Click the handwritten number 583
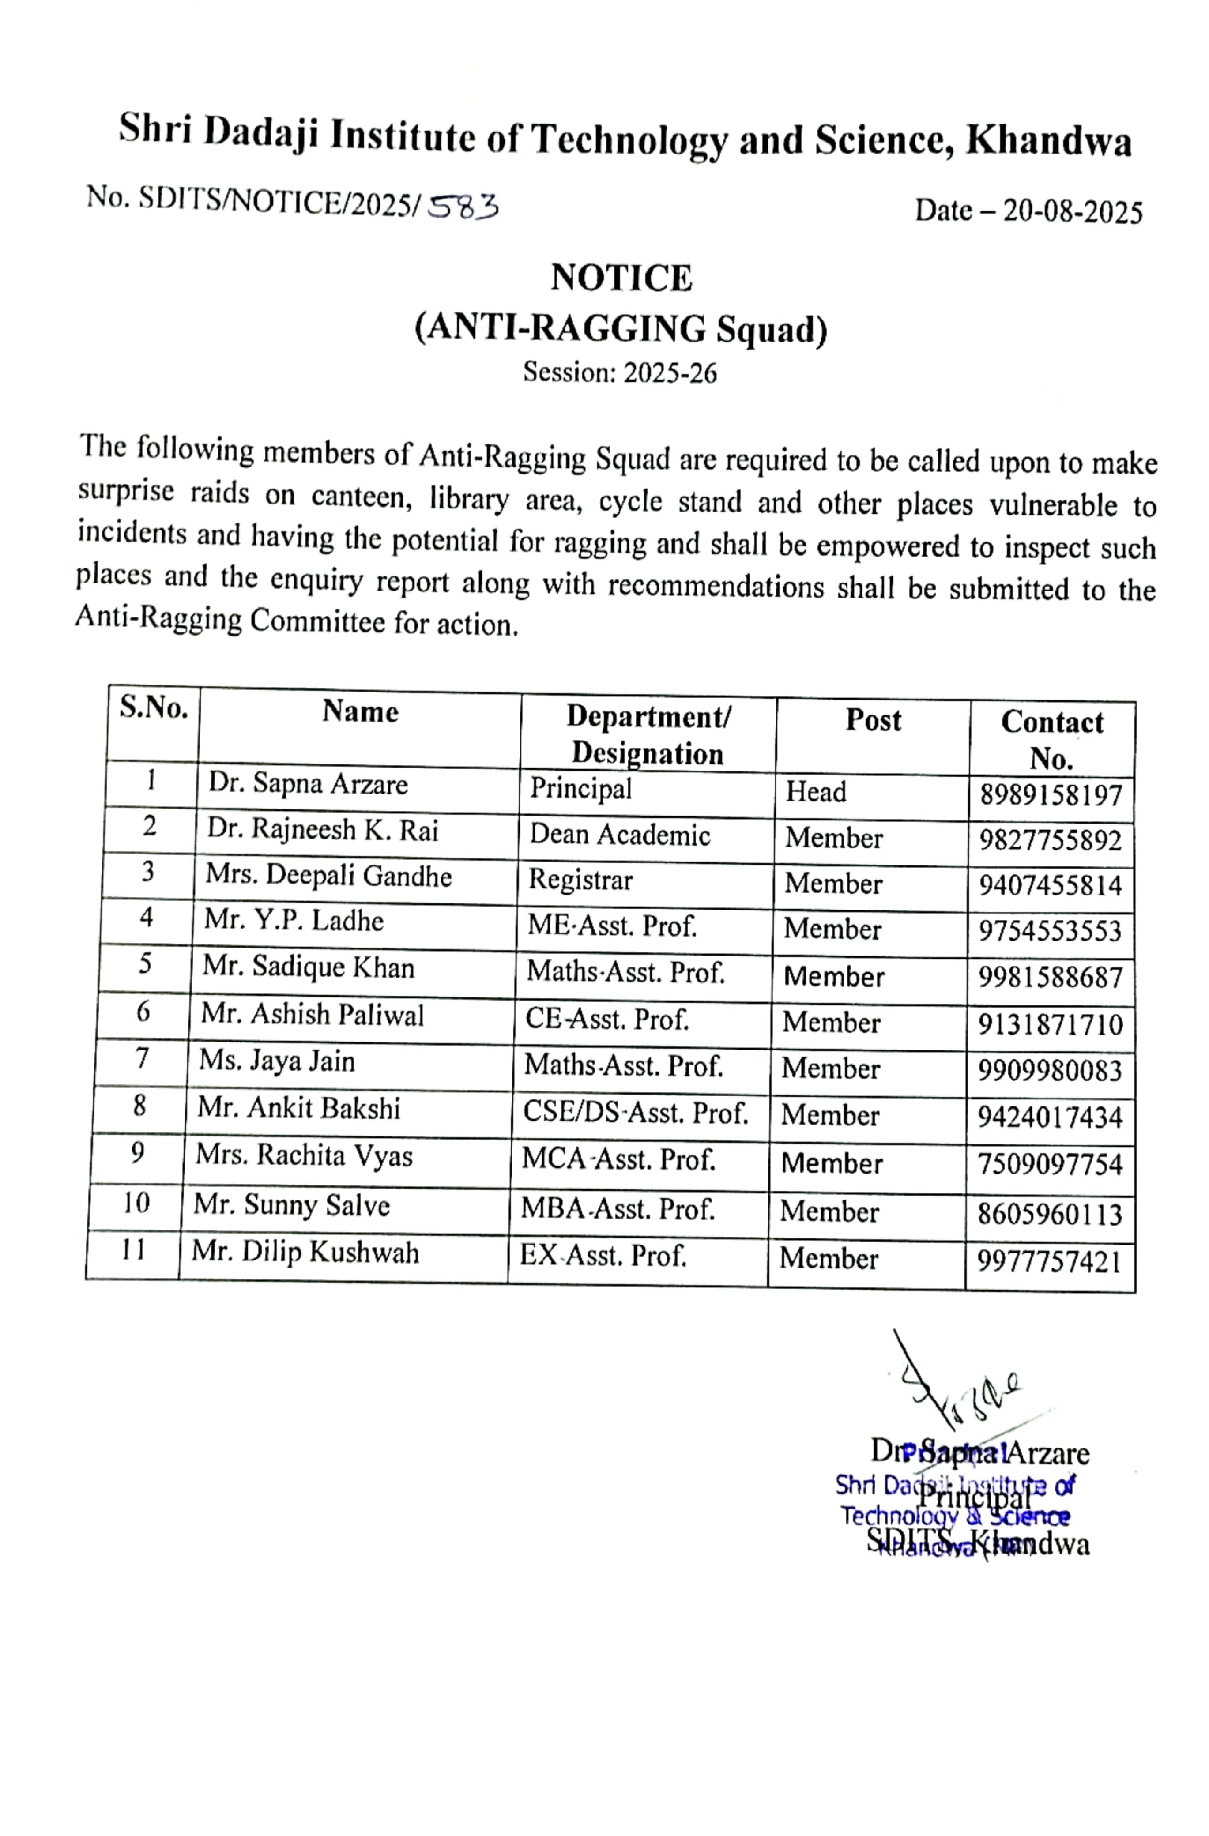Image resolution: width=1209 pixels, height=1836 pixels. [x=463, y=207]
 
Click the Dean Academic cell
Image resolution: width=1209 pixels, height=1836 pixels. [x=620, y=835]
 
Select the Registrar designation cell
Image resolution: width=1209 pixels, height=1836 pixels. [x=580, y=880]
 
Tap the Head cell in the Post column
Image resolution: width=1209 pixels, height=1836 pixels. [x=816, y=792]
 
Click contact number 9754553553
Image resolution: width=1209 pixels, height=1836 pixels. [x=1049, y=931]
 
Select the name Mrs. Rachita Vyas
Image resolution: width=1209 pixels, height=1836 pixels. [x=304, y=1155]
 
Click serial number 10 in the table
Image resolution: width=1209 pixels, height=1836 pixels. [x=136, y=1203]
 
